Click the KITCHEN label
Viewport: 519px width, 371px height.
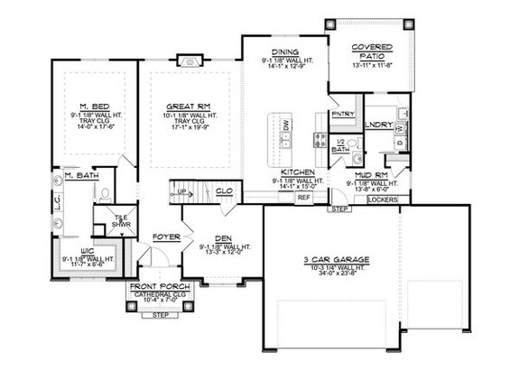coord(297,172)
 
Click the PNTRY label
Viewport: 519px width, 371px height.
coord(343,114)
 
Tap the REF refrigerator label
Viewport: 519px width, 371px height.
coord(303,196)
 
